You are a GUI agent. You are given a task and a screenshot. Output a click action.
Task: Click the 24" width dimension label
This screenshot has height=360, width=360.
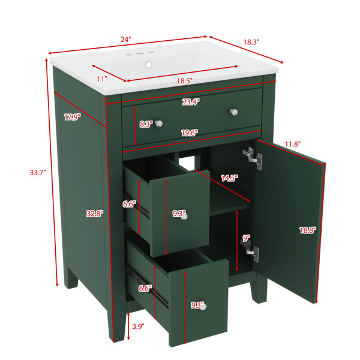[125, 39]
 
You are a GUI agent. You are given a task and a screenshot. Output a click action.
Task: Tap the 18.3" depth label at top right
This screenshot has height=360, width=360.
[251, 42]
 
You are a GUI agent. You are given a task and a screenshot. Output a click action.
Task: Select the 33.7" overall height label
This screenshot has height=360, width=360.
[38, 172]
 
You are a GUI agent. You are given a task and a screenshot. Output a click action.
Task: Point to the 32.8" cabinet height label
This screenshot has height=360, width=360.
[95, 214]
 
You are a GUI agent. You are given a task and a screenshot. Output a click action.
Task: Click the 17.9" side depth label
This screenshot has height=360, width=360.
[73, 118]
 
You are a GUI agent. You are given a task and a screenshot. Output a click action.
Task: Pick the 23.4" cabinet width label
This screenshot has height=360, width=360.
[191, 102]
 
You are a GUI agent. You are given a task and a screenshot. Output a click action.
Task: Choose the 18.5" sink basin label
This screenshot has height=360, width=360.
[185, 81]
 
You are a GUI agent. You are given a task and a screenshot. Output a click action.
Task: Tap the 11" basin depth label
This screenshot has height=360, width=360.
[102, 79]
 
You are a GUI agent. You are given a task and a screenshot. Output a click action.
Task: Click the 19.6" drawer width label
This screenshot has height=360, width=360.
[190, 133]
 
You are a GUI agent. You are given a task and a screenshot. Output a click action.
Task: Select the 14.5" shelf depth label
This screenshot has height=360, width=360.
[229, 178]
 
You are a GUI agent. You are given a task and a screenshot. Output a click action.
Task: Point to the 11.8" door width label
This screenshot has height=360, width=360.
[293, 144]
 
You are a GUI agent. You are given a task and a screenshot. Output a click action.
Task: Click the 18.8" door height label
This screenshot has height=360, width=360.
[308, 230]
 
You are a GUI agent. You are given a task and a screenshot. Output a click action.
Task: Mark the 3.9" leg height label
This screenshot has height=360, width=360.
[138, 326]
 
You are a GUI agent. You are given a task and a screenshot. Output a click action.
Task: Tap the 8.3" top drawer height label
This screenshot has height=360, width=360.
[146, 124]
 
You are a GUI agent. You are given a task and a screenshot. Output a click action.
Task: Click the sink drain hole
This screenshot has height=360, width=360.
[149, 65]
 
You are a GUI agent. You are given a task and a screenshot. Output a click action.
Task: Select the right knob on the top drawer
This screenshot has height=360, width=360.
[234, 112]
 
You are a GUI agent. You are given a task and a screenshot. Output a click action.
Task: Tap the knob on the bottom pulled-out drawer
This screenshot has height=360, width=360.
[203, 307]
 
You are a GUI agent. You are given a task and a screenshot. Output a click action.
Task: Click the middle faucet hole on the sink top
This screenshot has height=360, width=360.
[139, 54]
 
